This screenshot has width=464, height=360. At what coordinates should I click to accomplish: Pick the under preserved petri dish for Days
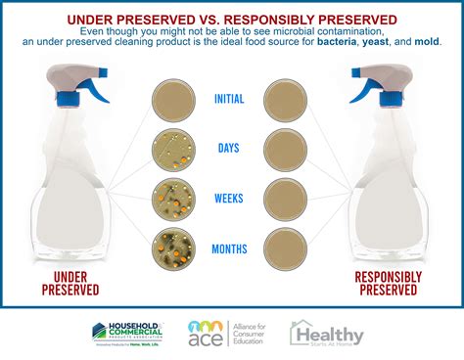tap(173, 149)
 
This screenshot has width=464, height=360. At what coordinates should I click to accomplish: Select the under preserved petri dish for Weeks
tap(173, 198)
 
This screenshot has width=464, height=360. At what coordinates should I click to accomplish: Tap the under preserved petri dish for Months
tap(173, 247)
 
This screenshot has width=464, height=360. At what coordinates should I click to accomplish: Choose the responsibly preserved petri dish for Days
tap(286, 149)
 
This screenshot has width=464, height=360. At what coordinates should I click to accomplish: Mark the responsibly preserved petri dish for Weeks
tap(286, 198)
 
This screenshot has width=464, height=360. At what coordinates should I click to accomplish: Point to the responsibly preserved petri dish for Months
tap(286, 247)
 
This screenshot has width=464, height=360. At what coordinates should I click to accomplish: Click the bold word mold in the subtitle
tap(426, 43)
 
